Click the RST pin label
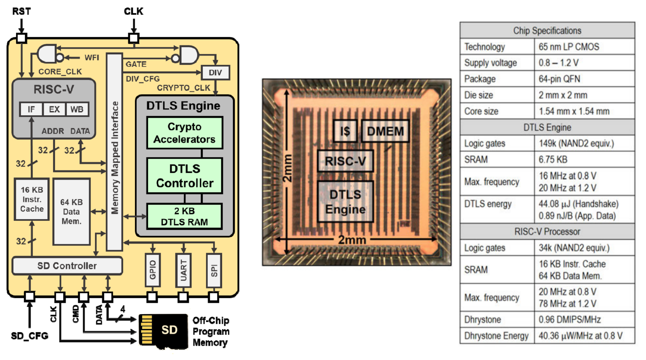(x=21, y=11)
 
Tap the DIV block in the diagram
(x=215, y=72)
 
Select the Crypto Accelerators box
(x=184, y=133)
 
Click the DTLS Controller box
(x=184, y=176)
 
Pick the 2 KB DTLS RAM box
(x=184, y=217)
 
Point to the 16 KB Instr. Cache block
(x=32, y=199)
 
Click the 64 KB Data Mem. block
(x=71, y=212)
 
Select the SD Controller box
(x=67, y=266)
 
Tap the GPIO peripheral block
(x=153, y=270)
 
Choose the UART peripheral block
(x=183, y=270)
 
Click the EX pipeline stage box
(x=54, y=109)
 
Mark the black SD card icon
(x=164, y=330)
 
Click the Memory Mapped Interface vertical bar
(x=114, y=151)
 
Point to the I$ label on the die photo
(x=345, y=131)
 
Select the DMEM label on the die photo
(x=385, y=131)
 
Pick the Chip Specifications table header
(x=547, y=31)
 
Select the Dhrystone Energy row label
(x=497, y=336)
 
